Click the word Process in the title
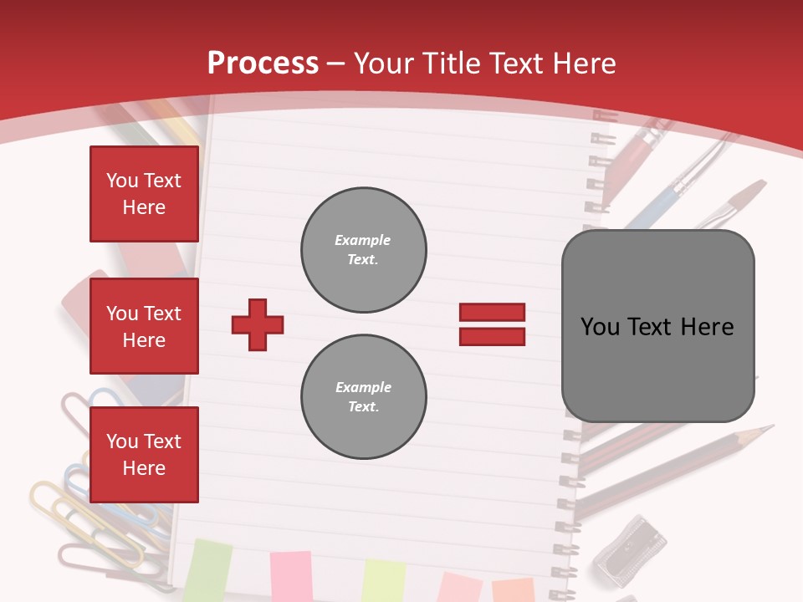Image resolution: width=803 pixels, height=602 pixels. pyautogui.click(x=263, y=64)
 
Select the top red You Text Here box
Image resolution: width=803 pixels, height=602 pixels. pyautogui.click(x=144, y=194)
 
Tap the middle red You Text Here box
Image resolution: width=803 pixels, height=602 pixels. pyautogui.click(x=144, y=326)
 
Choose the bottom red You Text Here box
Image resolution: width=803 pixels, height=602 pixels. pyautogui.click(x=144, y=455)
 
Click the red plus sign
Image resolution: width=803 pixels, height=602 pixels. pyautogui.click(x=258, y=324)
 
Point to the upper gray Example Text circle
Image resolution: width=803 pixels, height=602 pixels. pyautogui.click(x=364, y=250)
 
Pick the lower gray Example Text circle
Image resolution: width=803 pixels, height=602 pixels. pyautogui.click(x=364, y=397)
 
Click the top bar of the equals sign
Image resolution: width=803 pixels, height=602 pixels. pyautogui.click(x=492, y=312)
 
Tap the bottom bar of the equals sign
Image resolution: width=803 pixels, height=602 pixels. pyautogui.click(x=492, y=336)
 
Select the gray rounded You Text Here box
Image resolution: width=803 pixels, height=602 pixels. pyautogui.click(x=657, y=326)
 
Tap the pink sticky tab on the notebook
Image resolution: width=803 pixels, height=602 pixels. pyautogui.click(x=290, y=576)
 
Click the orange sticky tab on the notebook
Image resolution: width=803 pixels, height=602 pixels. pyautogui.click(x=512, y=589)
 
